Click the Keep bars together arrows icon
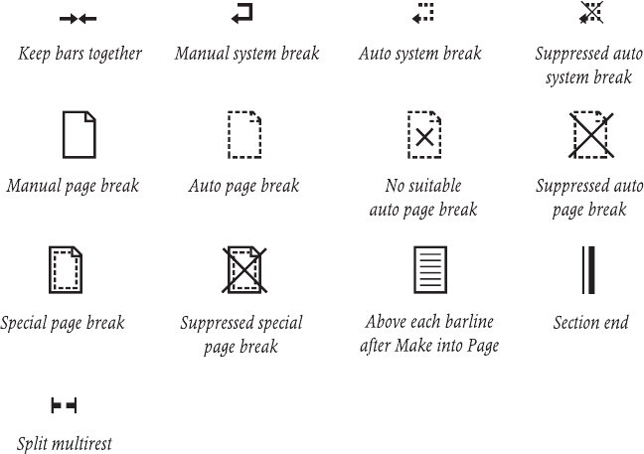78,17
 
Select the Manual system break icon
241,13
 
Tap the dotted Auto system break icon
424,13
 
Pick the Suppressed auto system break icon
591,13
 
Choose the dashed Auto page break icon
243,134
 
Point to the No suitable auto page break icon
424,134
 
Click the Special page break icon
66,269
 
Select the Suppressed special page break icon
242,269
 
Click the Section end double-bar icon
588,269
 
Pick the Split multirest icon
63,405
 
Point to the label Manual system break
246,53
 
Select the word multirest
82,444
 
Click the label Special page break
63,323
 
